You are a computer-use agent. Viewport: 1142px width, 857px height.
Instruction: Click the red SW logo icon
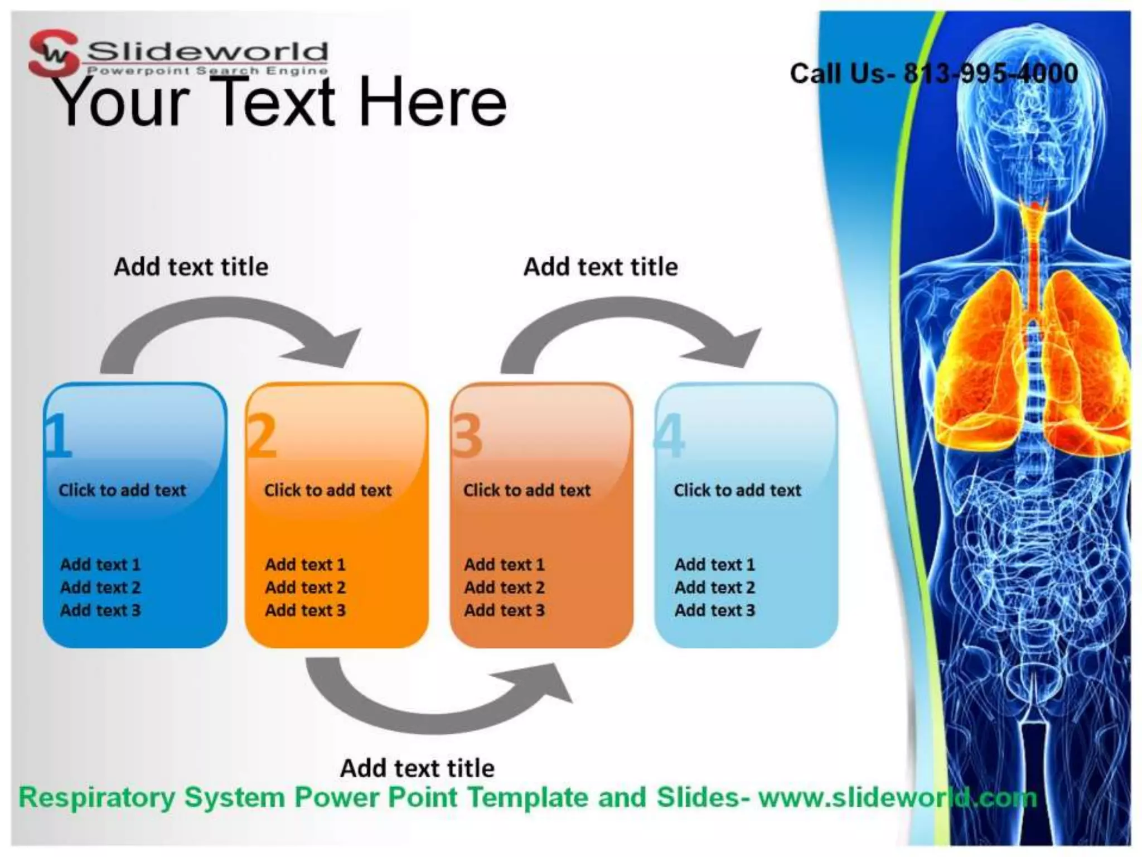pos(54,54)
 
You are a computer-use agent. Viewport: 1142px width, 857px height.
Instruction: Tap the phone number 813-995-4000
pos(990,74)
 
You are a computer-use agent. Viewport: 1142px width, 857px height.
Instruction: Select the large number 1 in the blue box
pos(59,436)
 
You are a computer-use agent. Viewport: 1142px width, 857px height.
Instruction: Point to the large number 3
pos(467,436)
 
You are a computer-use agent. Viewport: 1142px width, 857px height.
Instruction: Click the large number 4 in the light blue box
pos(670,436)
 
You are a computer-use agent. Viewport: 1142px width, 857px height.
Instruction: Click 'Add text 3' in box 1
pos(100,610)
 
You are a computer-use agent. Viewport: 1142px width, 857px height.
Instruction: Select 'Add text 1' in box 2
pos(305,564)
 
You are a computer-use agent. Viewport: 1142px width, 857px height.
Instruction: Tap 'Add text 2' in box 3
pos(504,587)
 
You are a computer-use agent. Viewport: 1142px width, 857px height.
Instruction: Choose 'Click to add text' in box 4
pos(737,490)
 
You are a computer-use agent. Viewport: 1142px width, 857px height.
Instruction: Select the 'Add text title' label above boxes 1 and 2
pos(191,267)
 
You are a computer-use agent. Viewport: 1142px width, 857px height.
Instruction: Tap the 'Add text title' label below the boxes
pos(417,768)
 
